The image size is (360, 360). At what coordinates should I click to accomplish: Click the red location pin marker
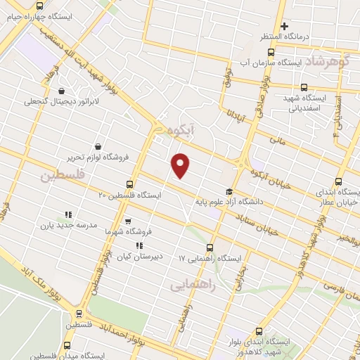point(181,165)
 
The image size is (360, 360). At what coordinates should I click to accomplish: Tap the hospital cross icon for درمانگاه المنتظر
point(284,27)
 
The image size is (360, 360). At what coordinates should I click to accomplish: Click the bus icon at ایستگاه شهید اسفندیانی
point(304,88)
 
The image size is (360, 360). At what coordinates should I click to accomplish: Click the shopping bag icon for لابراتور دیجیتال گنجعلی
point(62,91)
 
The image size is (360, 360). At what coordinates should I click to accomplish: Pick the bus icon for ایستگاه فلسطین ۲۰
point(128,184)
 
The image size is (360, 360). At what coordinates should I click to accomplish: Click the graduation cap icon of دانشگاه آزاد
point(228,191)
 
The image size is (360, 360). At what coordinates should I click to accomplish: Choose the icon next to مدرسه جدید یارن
point(68,214)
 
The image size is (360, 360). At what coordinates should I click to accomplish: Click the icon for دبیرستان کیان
point(139,245)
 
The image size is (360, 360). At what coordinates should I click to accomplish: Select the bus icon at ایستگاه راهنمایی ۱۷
point(210,247)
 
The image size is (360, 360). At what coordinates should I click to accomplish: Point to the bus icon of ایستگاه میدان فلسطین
point(67,345)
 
